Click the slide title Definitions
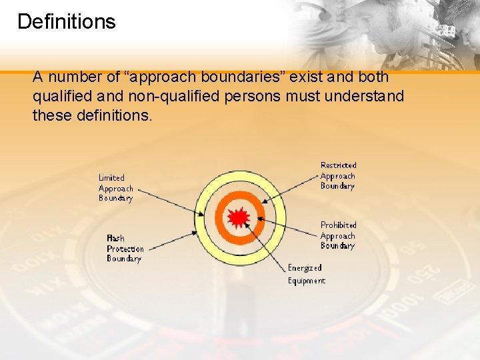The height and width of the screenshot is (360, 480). [x=66, y=21]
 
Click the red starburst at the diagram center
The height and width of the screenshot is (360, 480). [x=239, y=217]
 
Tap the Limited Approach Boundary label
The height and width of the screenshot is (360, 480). [x=116, y=188]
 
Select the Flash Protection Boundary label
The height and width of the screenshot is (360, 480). [x=125, y=248]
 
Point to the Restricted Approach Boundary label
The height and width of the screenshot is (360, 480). [x=338, y=176]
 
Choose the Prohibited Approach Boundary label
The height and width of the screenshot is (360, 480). [x=338, y=235]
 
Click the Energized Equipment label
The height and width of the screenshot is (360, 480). [x=307, y=274]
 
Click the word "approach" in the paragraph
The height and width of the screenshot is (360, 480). [x=161, y=77]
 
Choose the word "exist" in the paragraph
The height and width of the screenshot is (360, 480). [x=309, y=77]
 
